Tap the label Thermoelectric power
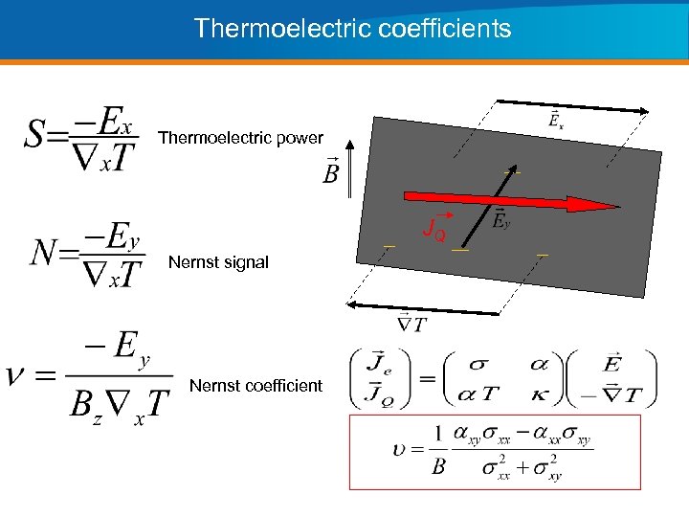tap(240, 138)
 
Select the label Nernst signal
tap(218, 261)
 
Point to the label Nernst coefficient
tap(256, 386)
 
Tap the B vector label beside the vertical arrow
tap(331, 172)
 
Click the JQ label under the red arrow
tap(433, 231)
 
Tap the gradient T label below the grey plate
tap(411, 324)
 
